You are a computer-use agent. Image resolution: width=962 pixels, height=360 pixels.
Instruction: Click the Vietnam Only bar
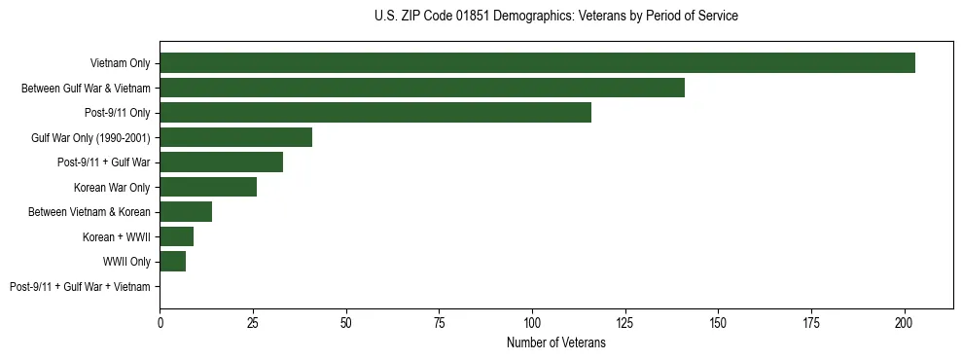[537, 63]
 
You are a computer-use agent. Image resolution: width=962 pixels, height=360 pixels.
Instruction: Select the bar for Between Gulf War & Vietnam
[422, 88]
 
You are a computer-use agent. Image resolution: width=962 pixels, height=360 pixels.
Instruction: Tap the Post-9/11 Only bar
[375, 113]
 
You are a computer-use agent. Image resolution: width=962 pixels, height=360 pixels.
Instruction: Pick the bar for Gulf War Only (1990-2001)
[235, 137]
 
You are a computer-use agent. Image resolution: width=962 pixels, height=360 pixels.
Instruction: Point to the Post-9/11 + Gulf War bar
[221, 162]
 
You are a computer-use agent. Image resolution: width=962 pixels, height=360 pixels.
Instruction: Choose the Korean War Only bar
[208, 187]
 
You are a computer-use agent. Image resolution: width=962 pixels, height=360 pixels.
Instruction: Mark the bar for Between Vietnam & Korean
[186, 212]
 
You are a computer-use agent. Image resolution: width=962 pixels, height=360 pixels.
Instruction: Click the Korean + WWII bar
[176, 236]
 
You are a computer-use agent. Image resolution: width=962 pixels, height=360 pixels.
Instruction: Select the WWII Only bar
[172, 262]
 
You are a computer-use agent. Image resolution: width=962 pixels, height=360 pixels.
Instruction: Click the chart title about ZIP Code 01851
[555, 17]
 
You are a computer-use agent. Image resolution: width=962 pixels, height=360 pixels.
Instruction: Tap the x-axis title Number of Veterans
[555, 342]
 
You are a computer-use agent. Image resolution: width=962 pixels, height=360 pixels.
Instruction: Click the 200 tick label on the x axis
[905, 321]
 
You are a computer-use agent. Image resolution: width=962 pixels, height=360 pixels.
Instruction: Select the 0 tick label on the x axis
[160, 321]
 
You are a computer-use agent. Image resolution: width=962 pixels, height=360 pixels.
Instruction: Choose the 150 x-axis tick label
[718, 321]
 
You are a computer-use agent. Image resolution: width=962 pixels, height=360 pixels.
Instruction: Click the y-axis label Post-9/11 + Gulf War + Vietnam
[80, 287]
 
